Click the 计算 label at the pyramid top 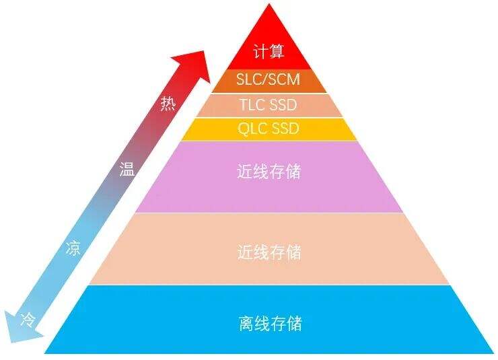coord(269,52)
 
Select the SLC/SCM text coord(269,79)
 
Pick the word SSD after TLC coord(283,105)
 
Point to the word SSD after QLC coord(284,129)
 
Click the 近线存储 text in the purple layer coord(269,172)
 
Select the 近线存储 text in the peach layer coord(269,252)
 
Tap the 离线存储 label coord(270,324)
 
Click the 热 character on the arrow coord(168,104)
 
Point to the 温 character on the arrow coord(127,169)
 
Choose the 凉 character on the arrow coord(73,248)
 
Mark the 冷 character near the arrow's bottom coord(28,320)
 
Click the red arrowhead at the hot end coord(193,65)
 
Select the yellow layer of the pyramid coord(269,129)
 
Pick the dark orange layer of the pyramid coord(269,81)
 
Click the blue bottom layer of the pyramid coord(269,319)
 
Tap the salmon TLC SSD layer coord(269,106)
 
